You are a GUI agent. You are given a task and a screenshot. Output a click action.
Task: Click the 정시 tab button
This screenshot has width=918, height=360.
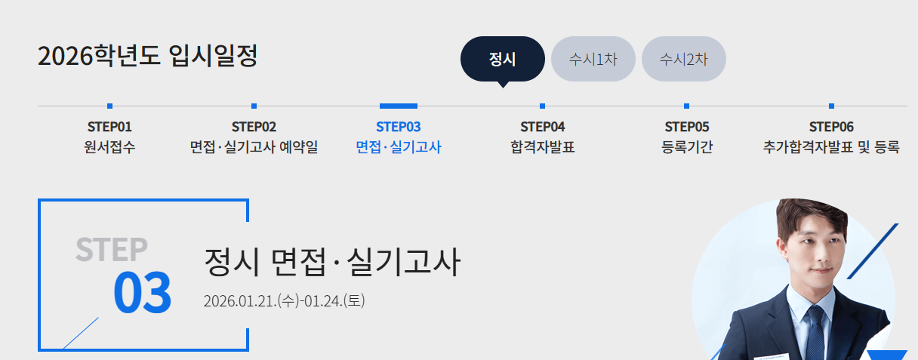502,59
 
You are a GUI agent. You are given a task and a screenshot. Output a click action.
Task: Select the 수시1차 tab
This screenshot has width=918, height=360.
593,59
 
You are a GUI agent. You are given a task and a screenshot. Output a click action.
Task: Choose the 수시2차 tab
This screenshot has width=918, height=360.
683,59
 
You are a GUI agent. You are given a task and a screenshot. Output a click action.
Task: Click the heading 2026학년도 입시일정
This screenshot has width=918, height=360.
147,56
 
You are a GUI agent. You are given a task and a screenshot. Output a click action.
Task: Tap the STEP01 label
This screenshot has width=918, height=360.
109,127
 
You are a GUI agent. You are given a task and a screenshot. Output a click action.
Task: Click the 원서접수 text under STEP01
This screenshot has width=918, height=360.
109,147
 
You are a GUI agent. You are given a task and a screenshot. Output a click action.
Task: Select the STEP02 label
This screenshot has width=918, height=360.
254,127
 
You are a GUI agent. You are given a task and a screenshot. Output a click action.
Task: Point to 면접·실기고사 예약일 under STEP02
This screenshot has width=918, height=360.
254,147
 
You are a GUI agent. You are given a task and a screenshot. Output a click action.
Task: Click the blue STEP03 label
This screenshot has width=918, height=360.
398,127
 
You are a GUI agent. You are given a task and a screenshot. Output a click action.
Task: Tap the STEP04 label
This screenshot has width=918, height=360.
542,127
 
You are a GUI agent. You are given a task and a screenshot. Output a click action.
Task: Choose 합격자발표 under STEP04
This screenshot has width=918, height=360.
542,147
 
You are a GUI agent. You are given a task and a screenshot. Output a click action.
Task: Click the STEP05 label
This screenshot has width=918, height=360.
686,127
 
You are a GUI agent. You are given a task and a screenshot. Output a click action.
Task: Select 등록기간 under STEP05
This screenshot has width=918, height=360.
686,147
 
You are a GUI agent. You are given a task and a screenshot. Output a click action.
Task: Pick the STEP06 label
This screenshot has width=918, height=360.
831,127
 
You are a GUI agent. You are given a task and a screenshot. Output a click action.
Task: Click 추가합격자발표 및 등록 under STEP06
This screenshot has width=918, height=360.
831,147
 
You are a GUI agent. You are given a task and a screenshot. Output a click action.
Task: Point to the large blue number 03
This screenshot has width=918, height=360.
142,293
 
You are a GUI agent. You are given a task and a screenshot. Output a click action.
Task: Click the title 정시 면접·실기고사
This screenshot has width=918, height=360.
331,263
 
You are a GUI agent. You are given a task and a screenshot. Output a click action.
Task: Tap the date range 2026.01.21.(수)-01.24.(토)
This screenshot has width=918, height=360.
285,300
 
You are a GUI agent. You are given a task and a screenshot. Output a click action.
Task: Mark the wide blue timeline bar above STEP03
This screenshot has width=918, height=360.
398,106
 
